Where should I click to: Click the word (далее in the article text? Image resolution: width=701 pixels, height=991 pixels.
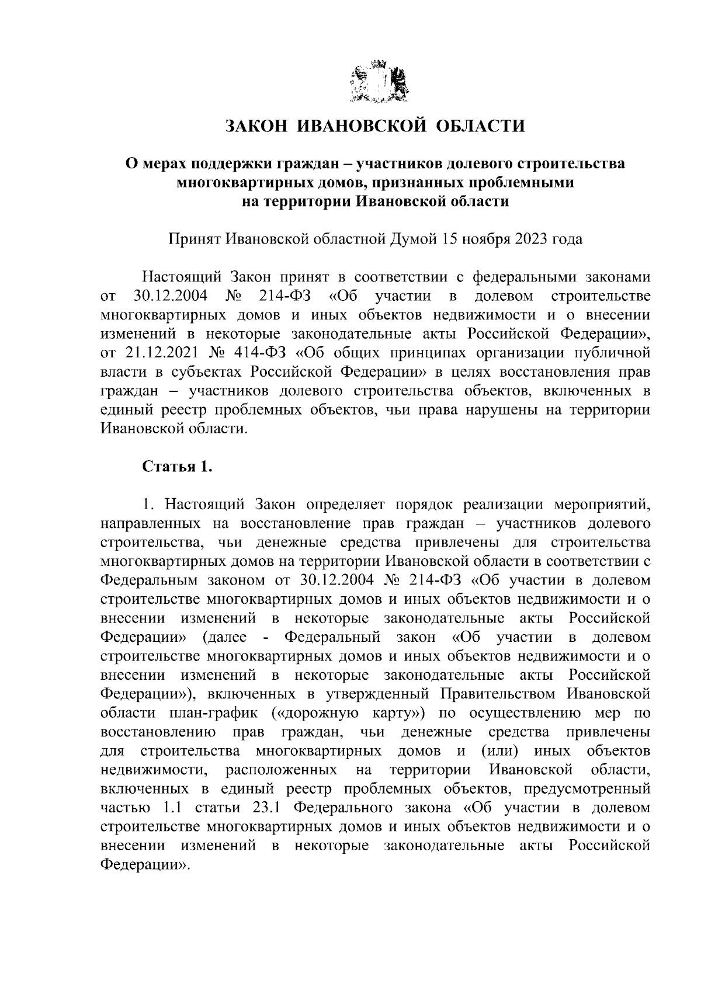tap(224, 637)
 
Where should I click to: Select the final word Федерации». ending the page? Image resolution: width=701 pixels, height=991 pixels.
tap(145, 864)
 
